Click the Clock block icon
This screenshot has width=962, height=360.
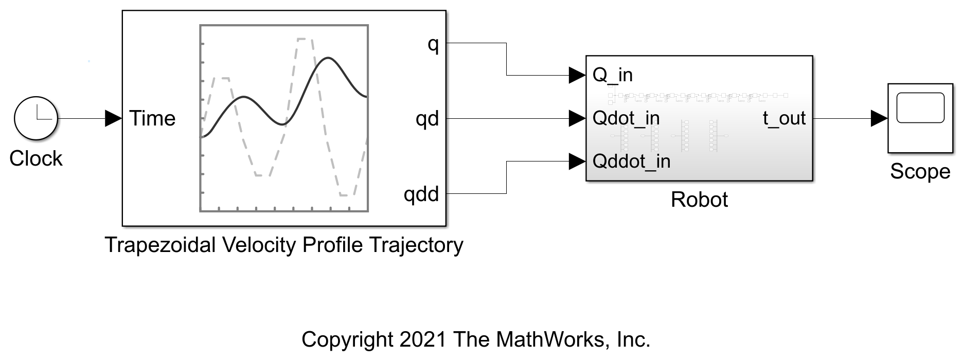pyautogui.click(x=36, y=118)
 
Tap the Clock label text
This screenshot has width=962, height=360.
pyautogui.click(x=36, y=158)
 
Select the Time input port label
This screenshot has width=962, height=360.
pyautogui.click(x=152, y=118)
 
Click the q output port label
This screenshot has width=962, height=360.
pyautogui.click(x=433, y=45)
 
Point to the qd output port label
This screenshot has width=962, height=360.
pyautogui.click(x=427, y=119)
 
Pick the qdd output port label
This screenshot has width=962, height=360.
pyautogui.click(x=421, y=194)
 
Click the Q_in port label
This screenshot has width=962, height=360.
pyautogui.click(x=613, y=76)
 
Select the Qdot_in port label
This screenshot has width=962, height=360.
pyautogui.click(x=626, y=118)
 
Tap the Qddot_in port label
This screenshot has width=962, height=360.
pyautogui.click(x=632, y=161)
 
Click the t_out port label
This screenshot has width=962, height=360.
pyautogui.click(x=784, y=119)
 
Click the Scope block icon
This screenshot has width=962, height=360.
pyautogui.click(x=920, y=118)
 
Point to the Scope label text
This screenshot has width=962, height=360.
pyautogui.click(x=920, y=172)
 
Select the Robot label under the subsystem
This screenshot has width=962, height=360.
pyautogui.click(x=699, y=200)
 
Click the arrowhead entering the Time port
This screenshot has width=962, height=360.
pyautogui.click(x=114, y=118)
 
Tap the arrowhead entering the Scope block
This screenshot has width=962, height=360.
pyautogui.click(x=879, y=118)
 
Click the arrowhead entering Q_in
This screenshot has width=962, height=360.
pyautogui.click(x=578, y=75)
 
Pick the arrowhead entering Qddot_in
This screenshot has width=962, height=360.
pyautogui.click(x=578, y=161)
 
